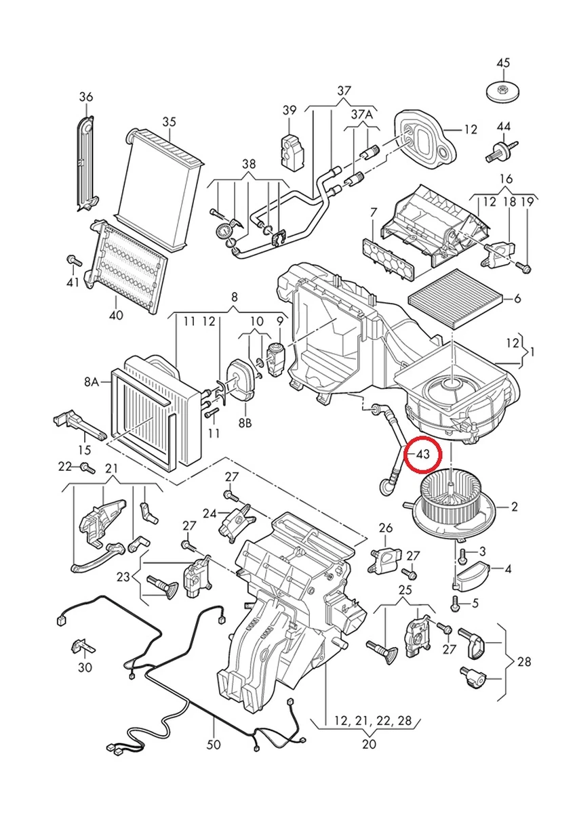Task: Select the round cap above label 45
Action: point(503,90)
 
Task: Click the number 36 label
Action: point(85,97)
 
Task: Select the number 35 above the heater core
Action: point(169,121)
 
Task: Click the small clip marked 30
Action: point(83,645)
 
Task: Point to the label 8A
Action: point(92,382)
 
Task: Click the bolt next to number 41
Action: point(71,259)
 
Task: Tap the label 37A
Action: point(361,115)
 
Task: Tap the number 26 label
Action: point(385,528)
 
